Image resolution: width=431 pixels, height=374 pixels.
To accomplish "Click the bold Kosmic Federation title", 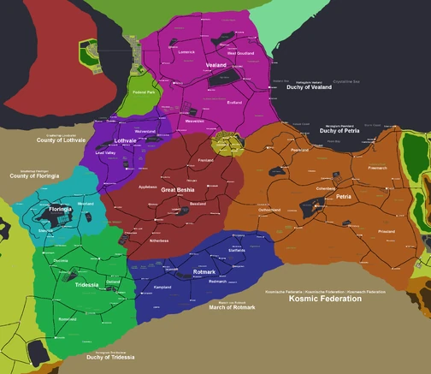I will tap(331, 300).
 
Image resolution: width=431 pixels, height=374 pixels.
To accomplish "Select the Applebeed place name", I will tap(148, 186).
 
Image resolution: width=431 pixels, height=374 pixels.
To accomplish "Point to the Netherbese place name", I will tap(159, 240).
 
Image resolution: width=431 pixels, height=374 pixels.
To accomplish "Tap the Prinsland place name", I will tap(387, 231).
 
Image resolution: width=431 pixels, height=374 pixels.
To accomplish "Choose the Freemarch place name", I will tap(377, 168).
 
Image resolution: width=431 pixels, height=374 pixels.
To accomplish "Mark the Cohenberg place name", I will tap(326, 187).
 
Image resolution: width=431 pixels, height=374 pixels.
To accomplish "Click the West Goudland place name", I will tap(228, 53).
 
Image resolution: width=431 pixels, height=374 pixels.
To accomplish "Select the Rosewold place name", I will tap(67, 318).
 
